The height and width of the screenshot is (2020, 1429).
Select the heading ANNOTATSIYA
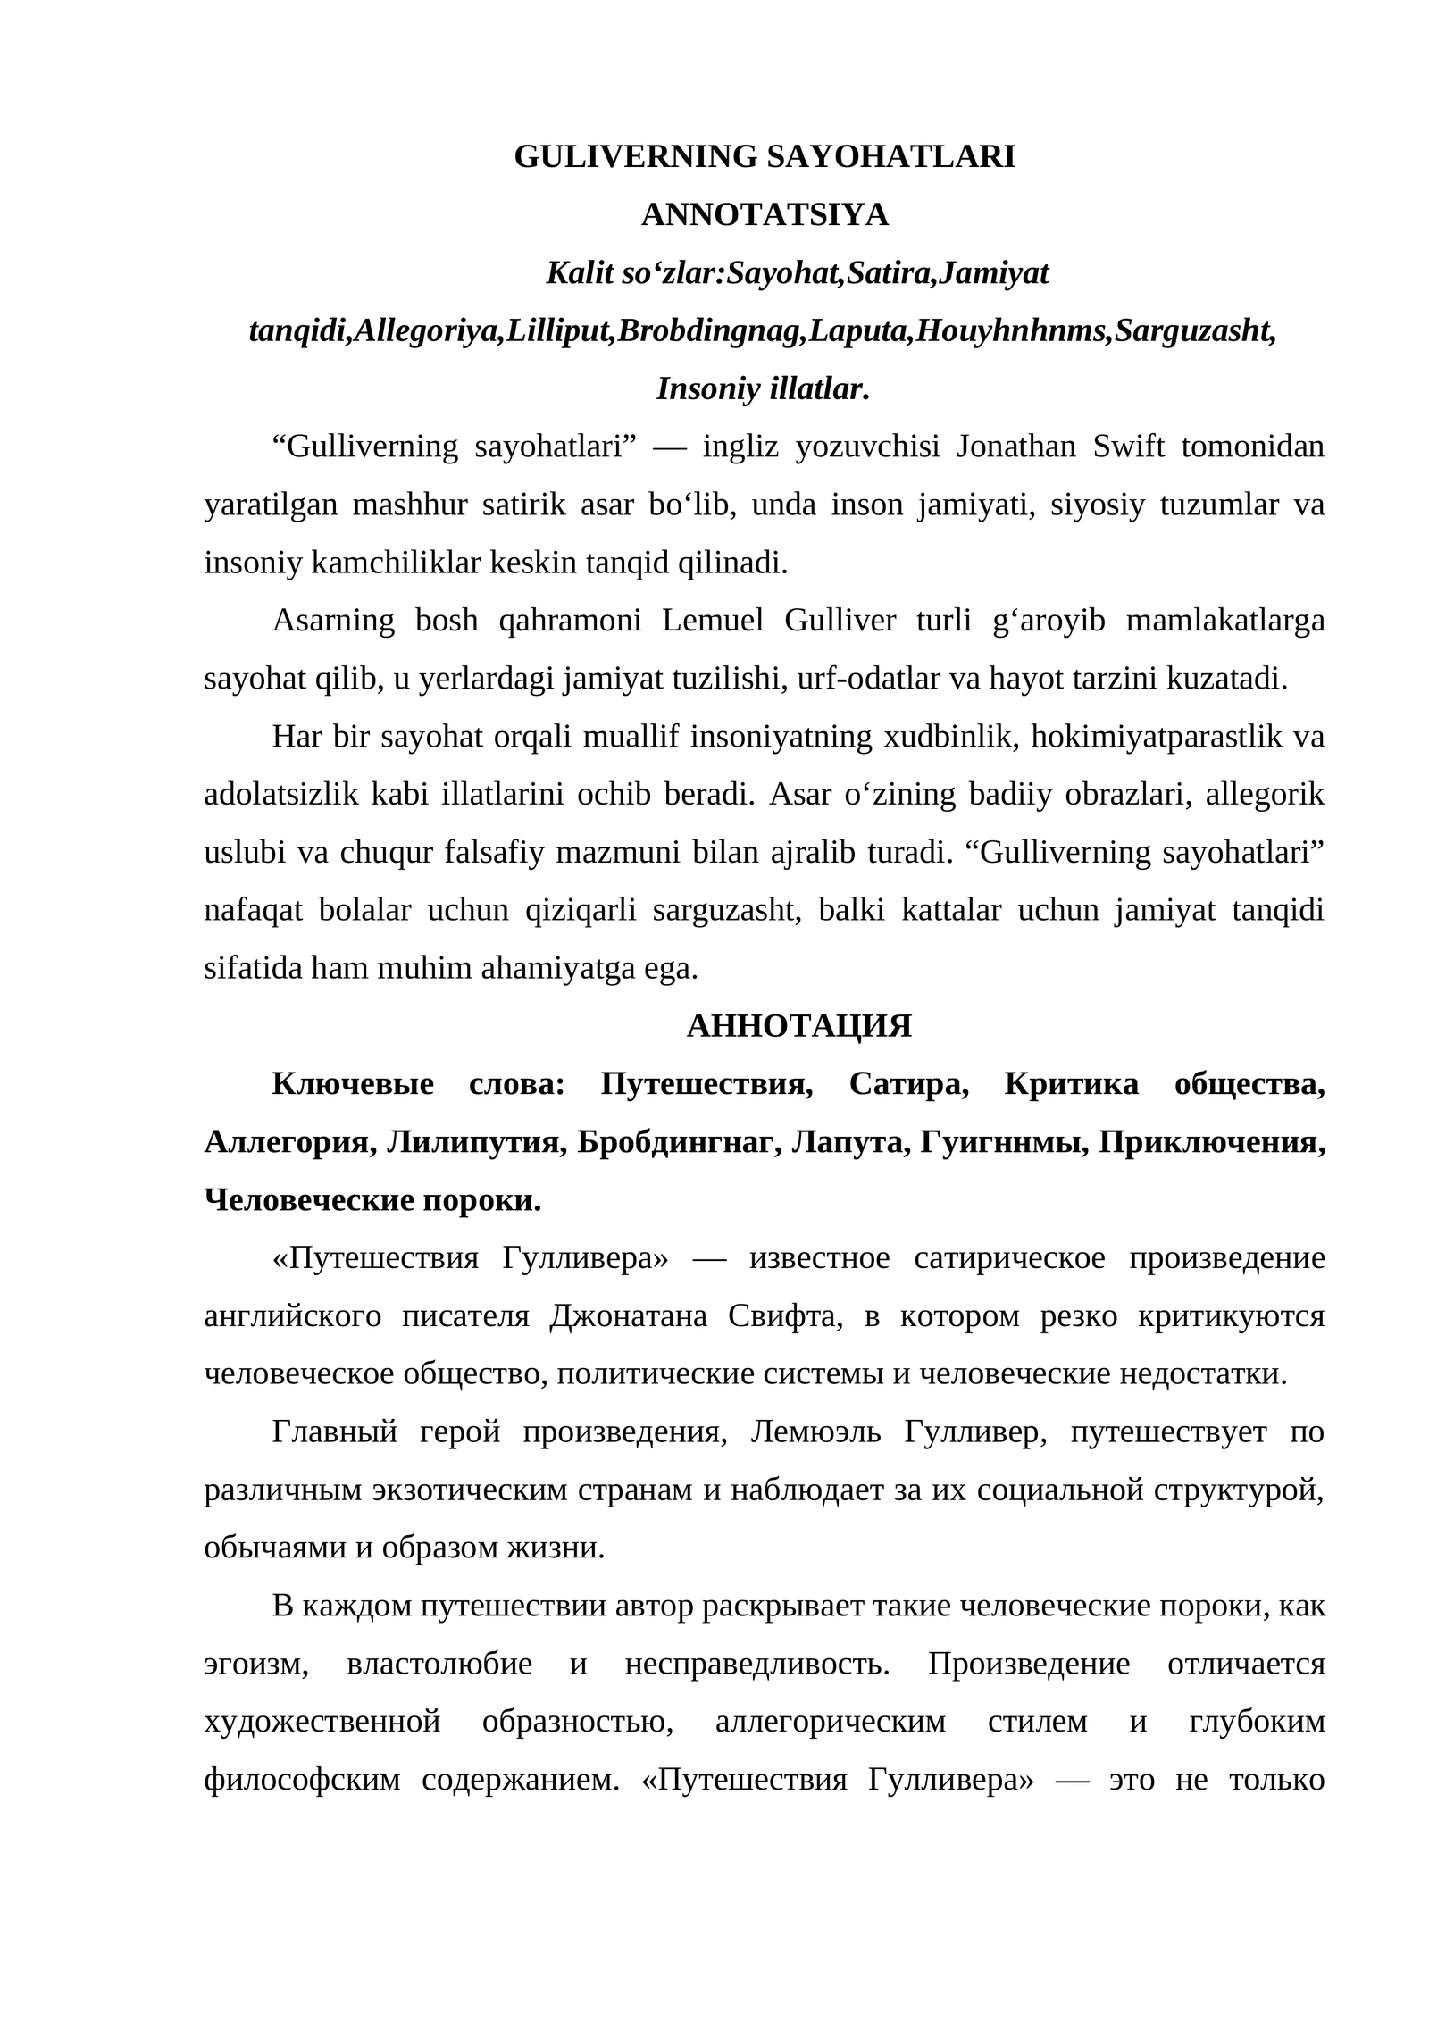pyautogui.click(x=765, y=215)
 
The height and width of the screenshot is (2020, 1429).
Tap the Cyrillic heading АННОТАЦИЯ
pyautogui.click(x=799, y=1026)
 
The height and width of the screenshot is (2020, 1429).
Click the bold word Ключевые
pyautogui.click(x=353, y=1084)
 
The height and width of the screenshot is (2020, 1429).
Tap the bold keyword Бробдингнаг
pyautogui.click(x=674, y=1142)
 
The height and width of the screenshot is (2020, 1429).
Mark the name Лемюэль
pyautogui.click(x=815, y=1432)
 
